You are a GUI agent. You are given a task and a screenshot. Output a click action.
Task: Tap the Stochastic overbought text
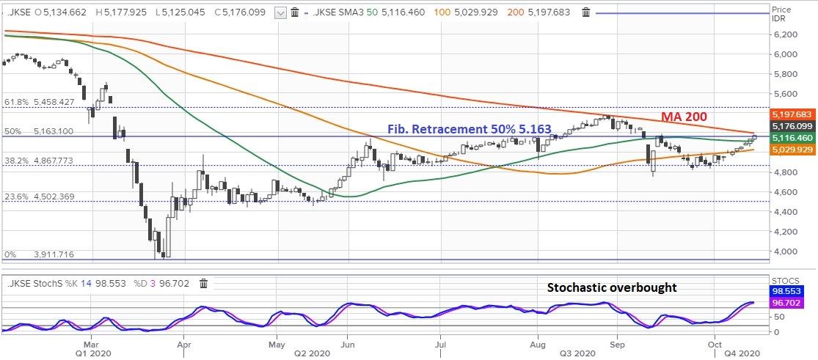click(612, 287)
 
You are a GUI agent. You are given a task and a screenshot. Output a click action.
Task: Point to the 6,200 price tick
click(785, 34)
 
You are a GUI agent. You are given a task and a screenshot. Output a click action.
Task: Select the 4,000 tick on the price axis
click(785, 251)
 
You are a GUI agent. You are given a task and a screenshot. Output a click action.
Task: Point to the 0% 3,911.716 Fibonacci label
click(40, 254)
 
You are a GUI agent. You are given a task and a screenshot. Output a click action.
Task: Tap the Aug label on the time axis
click(538, 342)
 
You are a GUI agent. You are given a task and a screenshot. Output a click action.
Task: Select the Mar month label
click(91, 342)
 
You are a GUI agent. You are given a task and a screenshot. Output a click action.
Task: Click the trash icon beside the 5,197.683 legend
click(585, 12)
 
